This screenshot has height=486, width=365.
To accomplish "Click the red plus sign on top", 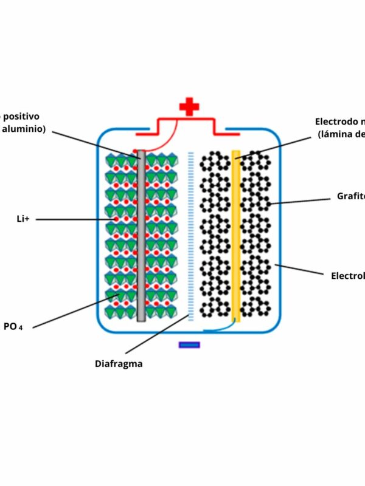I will (189, 108).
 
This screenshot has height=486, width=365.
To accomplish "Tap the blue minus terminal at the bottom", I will (189, 345).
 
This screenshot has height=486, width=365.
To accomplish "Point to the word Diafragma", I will (118, 364).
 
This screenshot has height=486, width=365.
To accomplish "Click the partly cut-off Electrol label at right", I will (347, 275).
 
